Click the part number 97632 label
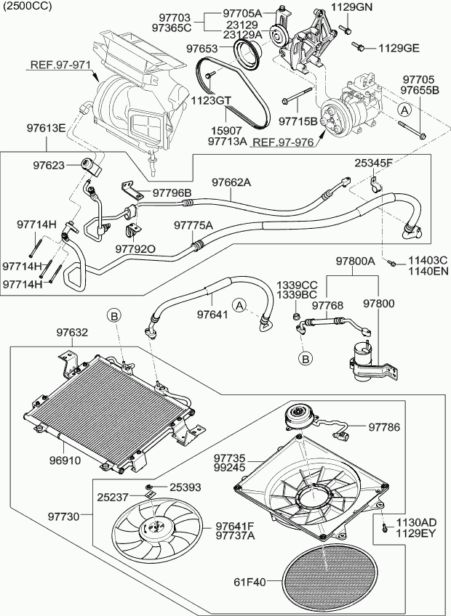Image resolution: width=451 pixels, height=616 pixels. pos(73,333)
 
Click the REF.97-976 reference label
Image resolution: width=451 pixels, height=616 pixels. pos(283,142)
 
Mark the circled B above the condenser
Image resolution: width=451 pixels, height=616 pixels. pos(114,315)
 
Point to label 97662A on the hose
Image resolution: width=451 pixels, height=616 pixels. pos(231,183)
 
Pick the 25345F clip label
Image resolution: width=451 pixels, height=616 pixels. pos(374,163)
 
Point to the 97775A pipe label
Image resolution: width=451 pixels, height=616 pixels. pos(193,226)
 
